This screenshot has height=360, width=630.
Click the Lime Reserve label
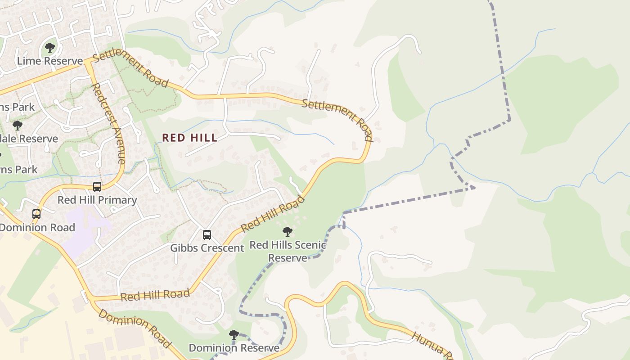click(49, 61)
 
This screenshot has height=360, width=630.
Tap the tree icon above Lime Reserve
click(50, 47)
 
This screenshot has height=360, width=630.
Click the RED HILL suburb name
click(189, 138)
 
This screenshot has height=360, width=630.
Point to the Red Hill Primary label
click(97, 200)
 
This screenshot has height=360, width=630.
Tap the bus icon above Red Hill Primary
click(97, 186)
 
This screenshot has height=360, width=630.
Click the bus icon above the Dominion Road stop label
click(36, 214)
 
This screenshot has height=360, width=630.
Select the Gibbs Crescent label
click(207, 248)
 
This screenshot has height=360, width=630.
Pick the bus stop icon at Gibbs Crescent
click(207, 235)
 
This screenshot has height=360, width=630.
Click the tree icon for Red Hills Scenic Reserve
click(287, 232)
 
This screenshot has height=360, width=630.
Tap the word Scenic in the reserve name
click(310, 245)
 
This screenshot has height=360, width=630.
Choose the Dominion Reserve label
click(234, 348)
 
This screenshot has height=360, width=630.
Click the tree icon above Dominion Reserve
click(234, 334)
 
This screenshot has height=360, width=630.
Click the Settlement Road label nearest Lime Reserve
click(130, 70)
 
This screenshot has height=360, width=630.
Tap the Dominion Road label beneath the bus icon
click(37, 227)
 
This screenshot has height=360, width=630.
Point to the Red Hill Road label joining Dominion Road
click(155, 296)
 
